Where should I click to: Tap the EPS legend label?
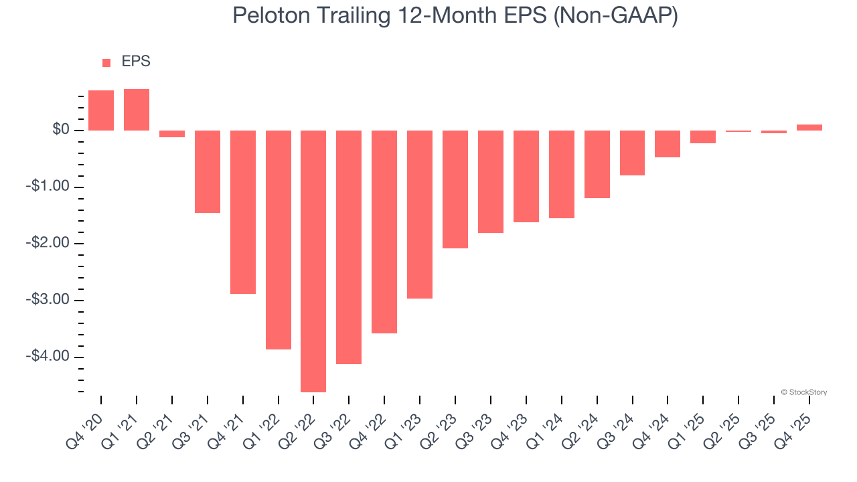(x=136, y=62)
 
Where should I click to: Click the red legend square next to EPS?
(x=106, y=63)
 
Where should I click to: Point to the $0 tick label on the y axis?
(x=61, y=130)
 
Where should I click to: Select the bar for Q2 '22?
(x=313, y=261)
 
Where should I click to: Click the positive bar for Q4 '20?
(x=101, y=110)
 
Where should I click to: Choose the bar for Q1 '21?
(x=137, y=110)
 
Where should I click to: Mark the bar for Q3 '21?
(x=208, y=171)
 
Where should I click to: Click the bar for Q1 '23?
(x=420, y=214)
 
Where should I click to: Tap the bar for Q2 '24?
(x=597, y=164)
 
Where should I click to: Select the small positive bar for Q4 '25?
(x=809, y=127)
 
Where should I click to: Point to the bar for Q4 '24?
(x=668, y=144)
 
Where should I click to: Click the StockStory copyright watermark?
(x=803, y=392)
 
